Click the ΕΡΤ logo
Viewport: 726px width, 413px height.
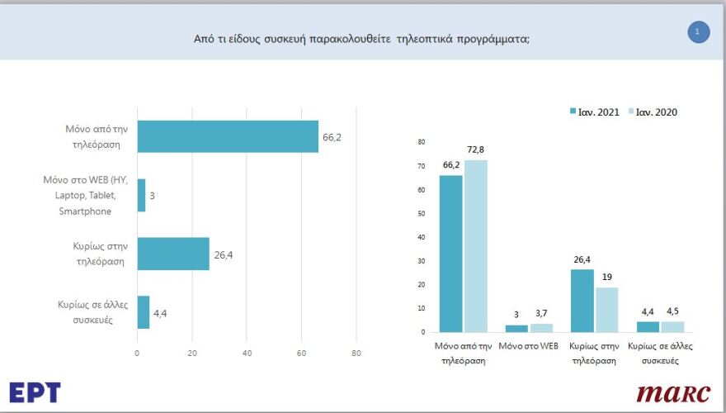point(35,392)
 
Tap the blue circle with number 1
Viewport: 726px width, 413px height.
point(698,32)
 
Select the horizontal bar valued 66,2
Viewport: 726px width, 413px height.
point(228,136)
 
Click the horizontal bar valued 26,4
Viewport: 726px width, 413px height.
point(173,254)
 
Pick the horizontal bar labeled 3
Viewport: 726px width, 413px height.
point(141,195)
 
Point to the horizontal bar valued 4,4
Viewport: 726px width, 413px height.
point(143,312)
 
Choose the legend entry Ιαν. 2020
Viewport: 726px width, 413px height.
point(653,112)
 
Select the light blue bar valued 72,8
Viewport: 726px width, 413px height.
point(476,245)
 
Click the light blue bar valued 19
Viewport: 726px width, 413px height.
point(606,309)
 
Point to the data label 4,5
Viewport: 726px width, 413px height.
point(672,311)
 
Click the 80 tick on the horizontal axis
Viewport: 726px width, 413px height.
point(356,354)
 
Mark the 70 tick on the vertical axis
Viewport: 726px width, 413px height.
point(421,166)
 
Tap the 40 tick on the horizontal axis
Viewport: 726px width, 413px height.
point(247,354)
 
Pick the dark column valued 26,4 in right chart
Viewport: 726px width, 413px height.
point(582,301)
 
